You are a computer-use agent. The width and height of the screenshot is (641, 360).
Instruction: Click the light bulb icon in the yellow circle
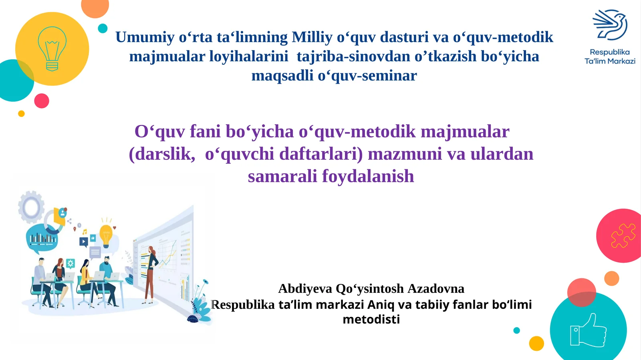click(x=52, y=49)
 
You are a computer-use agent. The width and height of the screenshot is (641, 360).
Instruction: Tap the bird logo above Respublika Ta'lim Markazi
click(x=610, y=25)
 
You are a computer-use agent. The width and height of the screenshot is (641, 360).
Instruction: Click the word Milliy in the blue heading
click(x=312, y=37)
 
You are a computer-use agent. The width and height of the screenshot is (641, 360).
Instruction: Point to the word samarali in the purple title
click(x=282, y=176)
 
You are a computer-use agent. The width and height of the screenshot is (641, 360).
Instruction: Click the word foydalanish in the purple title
click(x=368, y=176)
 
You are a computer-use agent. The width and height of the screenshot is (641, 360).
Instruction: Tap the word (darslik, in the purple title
click(x=162, y=154)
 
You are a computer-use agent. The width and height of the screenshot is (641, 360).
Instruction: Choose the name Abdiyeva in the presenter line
click(x=305, y=288)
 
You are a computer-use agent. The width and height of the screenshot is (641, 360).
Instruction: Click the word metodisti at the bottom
click(x=371, y=320)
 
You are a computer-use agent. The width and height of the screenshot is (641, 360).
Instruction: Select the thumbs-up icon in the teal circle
click(x=588, y=331)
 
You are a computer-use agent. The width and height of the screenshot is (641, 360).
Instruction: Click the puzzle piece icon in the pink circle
click(x=623, y=235)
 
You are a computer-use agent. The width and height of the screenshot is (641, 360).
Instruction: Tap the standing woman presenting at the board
click(x=151, y=272)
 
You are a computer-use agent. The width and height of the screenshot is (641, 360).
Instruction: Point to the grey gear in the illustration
click(x=31, y=207)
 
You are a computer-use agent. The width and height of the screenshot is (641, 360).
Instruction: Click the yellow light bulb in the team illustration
click(x=106, y=235)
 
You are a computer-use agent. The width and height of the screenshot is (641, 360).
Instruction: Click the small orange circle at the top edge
click(x=95, y=7)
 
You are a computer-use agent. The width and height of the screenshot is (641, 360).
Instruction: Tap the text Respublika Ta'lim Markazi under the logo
click(x=610, y=56)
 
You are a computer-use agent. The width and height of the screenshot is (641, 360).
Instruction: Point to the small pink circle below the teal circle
click(x=42, y=101)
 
